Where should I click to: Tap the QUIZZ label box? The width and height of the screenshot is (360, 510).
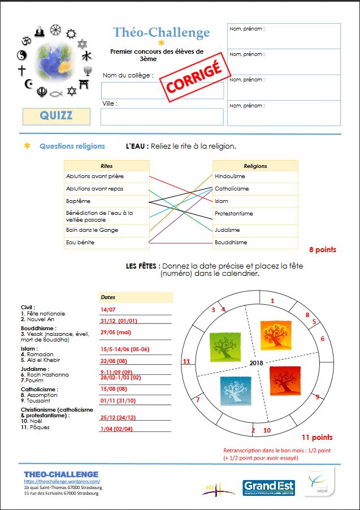[56, 116]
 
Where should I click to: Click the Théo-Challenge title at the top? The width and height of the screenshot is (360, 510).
[161, 33]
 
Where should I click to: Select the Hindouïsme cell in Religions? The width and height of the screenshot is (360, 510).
[255, 176]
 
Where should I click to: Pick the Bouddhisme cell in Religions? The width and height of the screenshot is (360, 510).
[255, 243]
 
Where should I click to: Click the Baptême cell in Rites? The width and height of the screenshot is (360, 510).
[107, 201]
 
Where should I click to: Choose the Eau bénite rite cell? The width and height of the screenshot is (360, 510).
[107, 243]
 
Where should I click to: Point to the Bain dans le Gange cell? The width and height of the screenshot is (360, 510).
[107, 230]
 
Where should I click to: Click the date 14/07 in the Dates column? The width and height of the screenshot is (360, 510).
[108, 310]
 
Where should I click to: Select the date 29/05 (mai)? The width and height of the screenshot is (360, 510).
[116, 332]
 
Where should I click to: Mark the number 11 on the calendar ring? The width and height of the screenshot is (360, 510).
[186, 361]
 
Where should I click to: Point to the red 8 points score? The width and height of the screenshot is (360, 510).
[323, 249]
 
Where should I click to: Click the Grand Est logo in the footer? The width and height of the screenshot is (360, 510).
[268, 487]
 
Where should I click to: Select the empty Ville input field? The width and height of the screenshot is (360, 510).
[162, 116]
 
